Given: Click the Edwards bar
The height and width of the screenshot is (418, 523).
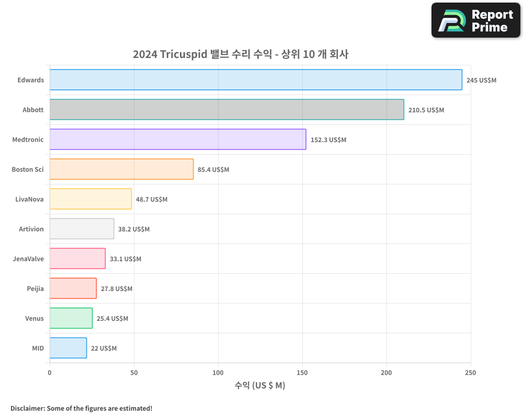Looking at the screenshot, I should tap(256, 80).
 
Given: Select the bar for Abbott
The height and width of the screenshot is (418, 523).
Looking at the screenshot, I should tap(226, 110).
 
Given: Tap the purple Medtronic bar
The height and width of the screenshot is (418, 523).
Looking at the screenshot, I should tap(178, 140).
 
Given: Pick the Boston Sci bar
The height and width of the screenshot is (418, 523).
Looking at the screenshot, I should tap(121, 169).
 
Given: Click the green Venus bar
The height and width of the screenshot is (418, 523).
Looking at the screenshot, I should tap(71, 318).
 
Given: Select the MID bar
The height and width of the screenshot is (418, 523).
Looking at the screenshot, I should tap(68, 348).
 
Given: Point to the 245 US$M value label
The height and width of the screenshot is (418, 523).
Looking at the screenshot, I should tap(481, 80).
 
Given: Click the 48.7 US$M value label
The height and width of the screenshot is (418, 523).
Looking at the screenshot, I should tap(152, 200).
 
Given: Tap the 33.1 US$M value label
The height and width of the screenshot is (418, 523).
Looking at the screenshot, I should tap(126, 259).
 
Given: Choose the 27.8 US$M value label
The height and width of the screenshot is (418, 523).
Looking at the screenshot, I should tap(117, 289).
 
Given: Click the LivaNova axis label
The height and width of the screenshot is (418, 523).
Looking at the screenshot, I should tap(30, 199).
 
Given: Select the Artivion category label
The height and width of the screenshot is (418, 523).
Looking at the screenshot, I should tap(31, 229).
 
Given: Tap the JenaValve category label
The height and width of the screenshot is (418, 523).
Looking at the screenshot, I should tap(28, 259).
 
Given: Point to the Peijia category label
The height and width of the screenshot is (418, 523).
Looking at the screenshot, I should tap(35, 288).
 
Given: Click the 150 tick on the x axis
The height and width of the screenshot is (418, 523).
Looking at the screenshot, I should tap(302, 373).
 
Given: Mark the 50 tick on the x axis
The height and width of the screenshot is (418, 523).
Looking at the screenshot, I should tap(134, 373).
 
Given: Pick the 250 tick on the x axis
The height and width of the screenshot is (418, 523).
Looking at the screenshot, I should tap(471, 373).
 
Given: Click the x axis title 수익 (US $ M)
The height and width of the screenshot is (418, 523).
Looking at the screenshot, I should tap(260, 386).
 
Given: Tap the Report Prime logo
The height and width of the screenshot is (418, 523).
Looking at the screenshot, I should tap(475, 20).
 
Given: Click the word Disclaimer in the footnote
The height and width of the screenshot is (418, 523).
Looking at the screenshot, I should tap(27, 408).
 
